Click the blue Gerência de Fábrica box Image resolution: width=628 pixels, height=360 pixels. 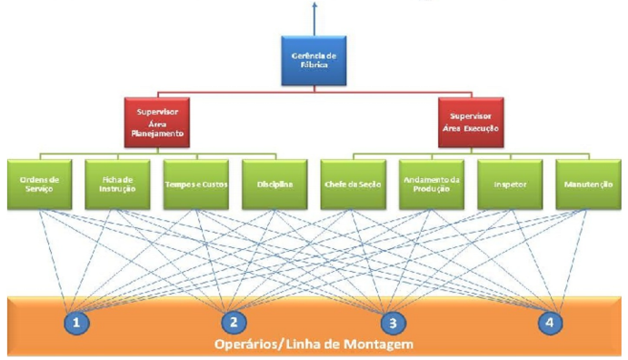[314, 60]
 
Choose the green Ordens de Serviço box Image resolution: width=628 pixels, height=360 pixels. [39, 183]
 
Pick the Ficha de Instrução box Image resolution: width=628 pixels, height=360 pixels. [117, 183]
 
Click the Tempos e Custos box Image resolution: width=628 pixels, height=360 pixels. [195, 183]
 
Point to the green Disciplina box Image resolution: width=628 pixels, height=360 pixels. [274, 183]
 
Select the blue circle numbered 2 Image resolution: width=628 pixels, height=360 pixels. [234, 322]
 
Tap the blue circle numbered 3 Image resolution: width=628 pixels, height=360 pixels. [393, 322]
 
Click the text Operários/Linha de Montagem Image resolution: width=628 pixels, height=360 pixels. [314, 345]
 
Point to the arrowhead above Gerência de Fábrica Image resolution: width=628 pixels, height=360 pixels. [314, 5]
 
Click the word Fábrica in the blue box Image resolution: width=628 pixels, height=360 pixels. [314, 65]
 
